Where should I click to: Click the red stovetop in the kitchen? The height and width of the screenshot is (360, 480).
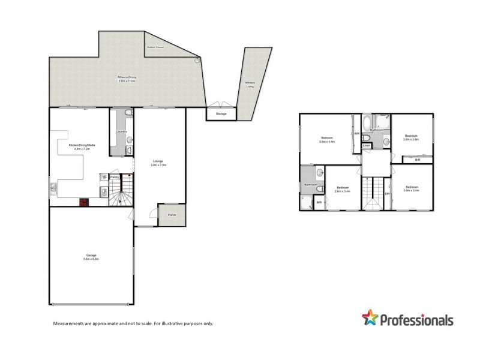(x=85, y=202)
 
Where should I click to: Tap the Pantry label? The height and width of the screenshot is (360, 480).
(x=115, y=177)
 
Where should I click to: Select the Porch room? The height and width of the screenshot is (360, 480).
(x=172, y=215)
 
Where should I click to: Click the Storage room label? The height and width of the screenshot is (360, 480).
(x=221, y=113)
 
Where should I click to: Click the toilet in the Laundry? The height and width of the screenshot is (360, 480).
(x=124, y=113)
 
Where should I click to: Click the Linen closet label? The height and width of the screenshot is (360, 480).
(x=366, y=145)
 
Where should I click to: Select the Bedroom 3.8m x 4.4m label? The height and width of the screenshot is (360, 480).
(x=327, y=140)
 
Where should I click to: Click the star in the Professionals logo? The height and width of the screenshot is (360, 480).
(x=370, y=319)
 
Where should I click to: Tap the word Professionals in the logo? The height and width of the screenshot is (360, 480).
(x=416, y=321)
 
